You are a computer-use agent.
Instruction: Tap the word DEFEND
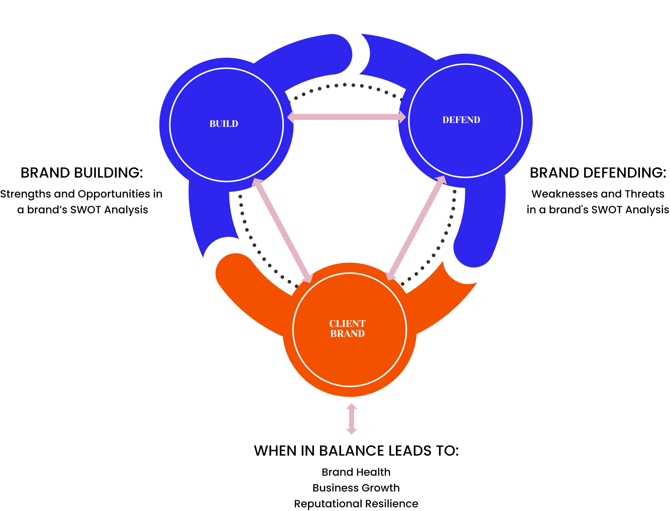pos(461,120)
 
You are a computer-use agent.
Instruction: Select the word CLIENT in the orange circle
pos(347,323)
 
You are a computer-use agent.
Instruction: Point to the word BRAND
pos(347,334)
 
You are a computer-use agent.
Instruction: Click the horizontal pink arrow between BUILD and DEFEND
pos(347,117)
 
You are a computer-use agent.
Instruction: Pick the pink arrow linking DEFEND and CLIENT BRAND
pos(416,228)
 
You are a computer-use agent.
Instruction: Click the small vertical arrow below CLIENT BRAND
pos(351,419)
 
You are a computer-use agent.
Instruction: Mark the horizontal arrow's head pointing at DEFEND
pos(402,117)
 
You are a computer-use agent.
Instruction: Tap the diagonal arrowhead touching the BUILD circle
pos(256,182)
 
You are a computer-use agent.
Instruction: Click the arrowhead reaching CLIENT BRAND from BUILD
pos(308,278)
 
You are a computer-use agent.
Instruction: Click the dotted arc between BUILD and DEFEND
pos(345,85)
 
